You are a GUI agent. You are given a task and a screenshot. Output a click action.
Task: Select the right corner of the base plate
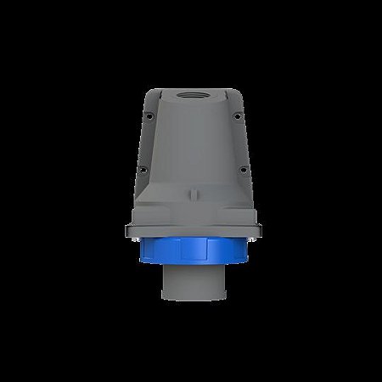click(x=254, y=232)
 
